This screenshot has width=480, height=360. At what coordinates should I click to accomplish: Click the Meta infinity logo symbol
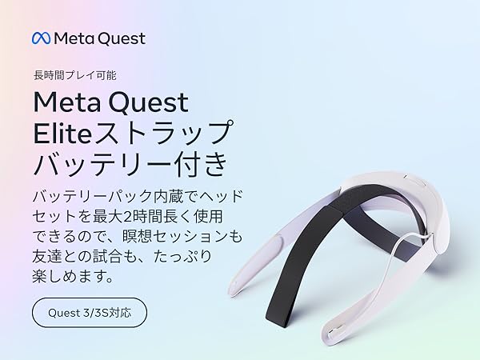coord(42,38)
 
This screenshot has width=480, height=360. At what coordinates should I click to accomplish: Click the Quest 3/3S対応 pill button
coord(89,312)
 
